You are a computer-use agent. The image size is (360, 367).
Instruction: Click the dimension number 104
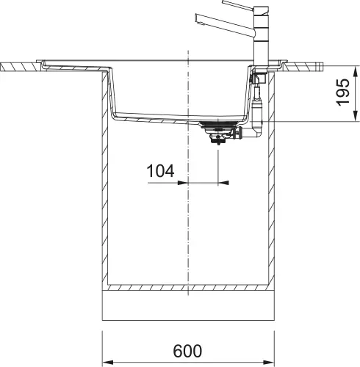160,172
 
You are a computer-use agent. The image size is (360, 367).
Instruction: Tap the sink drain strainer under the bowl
218,131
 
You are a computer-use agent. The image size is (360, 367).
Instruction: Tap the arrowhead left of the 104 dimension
185,180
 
